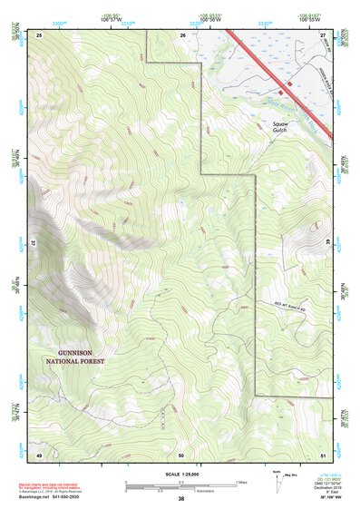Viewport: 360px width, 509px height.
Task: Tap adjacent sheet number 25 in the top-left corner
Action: click(x=39, y=34)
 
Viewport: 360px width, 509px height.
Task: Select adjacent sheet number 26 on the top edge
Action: click(x=182, y=34)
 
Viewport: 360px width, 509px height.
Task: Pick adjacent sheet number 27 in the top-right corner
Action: click(x=323, y=34)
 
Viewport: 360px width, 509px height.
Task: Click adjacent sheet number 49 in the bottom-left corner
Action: click(x=39, y=454)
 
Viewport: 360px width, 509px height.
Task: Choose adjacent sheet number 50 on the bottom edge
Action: click(x=181, y=454)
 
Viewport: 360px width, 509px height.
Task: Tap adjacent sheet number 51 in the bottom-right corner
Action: click(x=323, y=454)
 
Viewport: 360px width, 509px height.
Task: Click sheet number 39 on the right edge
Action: click(x=327, y=243)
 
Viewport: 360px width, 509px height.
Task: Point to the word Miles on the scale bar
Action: click(x=243, y=482)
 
